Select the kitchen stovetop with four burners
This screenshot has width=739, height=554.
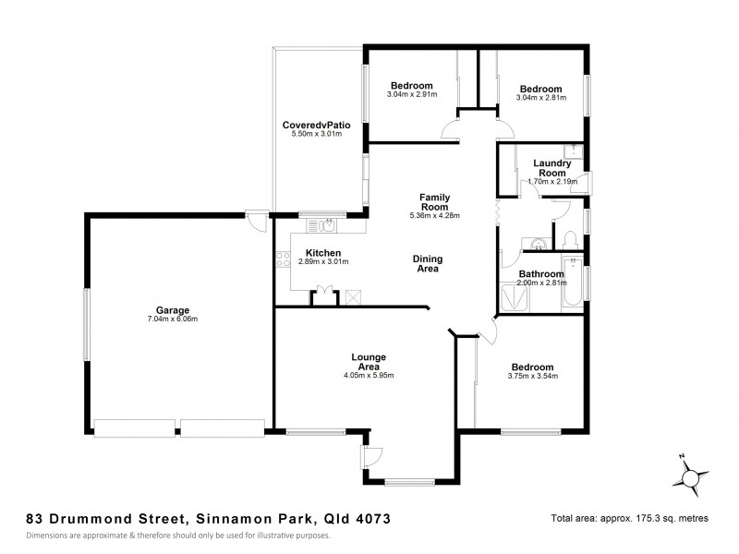tap(281, 260)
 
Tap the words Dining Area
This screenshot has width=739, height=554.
tap(426, 264)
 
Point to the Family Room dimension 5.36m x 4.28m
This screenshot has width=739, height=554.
tap(434, 216)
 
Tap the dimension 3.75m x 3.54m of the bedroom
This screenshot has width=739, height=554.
tap(532, 376)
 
